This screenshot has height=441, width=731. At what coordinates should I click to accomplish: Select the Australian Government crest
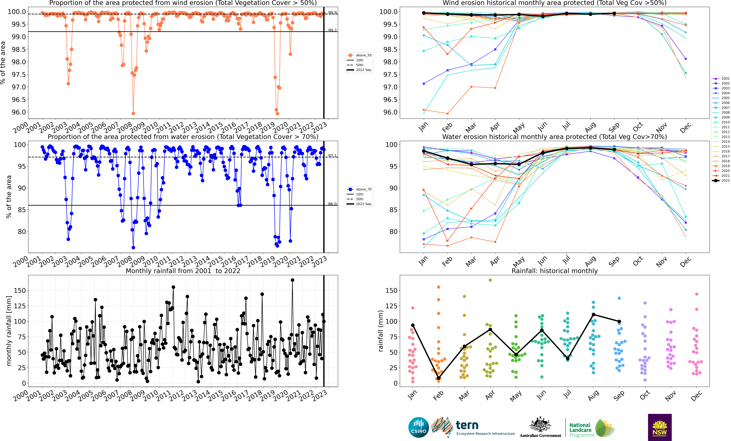pyautogui.click(x=540, y=425)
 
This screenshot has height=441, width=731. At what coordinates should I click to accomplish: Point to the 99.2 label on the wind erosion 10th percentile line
pyautogui.click(x=332, y=30)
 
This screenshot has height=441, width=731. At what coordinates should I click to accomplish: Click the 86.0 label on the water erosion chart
pyautogui.click(x=332, y=204)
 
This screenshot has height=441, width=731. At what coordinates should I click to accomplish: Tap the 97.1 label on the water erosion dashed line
pyautogui.click(x=332, y=156)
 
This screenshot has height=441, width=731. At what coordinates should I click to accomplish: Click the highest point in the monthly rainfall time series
pyautogui.click(x=293, y=280)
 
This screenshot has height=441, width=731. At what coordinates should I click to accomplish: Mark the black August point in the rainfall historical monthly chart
pyautogui.click(x=593, y=314)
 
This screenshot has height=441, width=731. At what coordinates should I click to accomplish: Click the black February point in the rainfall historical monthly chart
pyautogui.click(x=438, y=378)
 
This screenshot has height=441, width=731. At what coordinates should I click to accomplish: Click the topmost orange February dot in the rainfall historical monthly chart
pyautogui.click(x=438, y=287)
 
